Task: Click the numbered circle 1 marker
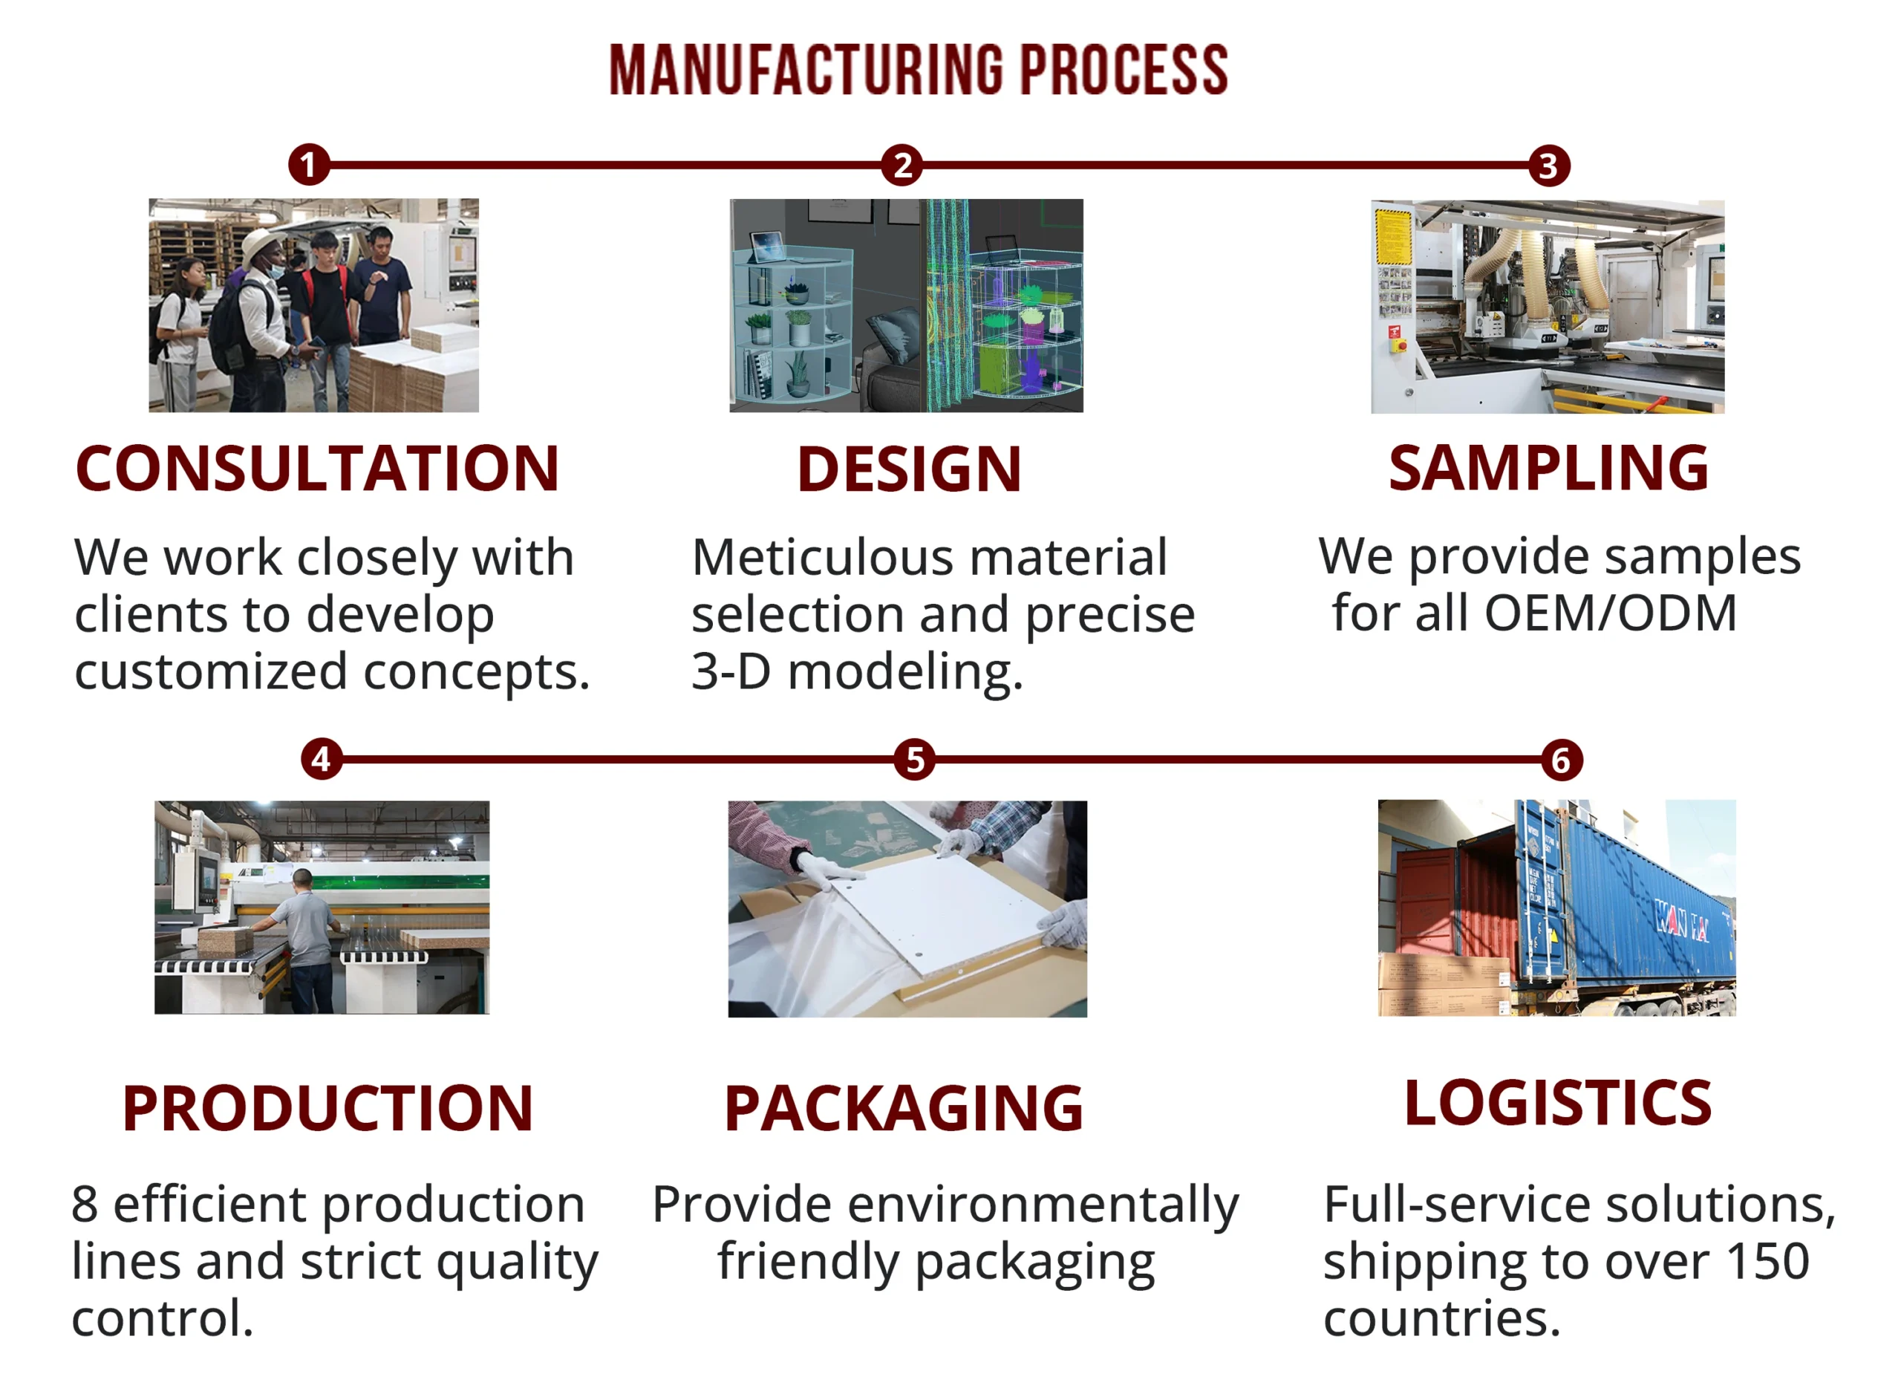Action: click(308, 165)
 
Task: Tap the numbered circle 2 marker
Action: click(902, 165)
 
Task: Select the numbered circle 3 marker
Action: click(1549, 166)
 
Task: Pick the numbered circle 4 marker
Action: click(322, 760)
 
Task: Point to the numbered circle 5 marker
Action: click(915, 760)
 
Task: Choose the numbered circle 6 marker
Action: click(1562, 760)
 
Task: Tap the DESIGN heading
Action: click(910, 469)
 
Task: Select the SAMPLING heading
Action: click(1549, 469)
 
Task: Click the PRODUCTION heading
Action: click(328, 1108)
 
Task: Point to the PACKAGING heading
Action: click(904, 1108)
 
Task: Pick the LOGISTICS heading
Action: click(1558, 1103)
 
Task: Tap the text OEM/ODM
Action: click(1611, 613)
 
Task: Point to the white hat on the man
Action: click(264, 247)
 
